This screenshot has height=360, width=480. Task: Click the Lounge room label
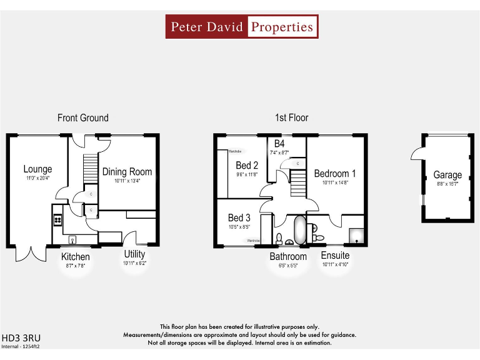pyautogui.click(x=37, y=169)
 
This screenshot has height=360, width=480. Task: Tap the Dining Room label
pyautogui.click(x=127, y=172)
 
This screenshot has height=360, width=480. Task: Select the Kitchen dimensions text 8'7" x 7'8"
pyautogui.click(x=75, y=266)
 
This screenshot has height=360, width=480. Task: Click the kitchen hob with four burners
pyautogui.click(x=58, y=220)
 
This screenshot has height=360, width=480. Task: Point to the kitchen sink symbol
pyautogui.click(x=72, y=238)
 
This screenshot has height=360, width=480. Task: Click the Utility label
pyautogui.click(x=134, y=254)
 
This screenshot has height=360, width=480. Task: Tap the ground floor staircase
pyautogui.click(x=91, y=169)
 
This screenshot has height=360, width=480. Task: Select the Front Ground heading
pyautogui.click(x=82, y=117)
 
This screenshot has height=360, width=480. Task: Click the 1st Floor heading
pyautogui.click(x=291, y=117)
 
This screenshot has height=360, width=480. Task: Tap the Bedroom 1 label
pyautogui.click(x=335, y=174)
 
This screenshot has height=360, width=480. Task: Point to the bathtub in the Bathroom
pyautogui.click(x=299, y=231)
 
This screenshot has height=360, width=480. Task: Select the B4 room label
pyautogui.click(x=279, y=144)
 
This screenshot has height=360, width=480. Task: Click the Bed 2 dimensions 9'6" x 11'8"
pyautogui.click(x=247, y=175)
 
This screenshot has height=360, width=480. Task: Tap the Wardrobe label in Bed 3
pyautogui.click(x=253, y=241)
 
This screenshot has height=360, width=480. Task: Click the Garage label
pyautogui.click(x=447, y=175)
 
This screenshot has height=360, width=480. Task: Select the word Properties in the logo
pyautogui.click(x=282, y=27)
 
